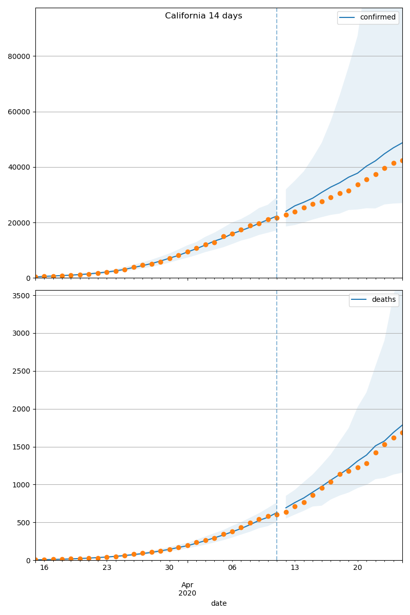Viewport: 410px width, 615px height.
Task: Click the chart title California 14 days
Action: coord(203,16)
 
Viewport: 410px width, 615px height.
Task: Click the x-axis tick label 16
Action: coord(44,568)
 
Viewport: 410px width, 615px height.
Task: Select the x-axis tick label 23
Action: coord(107,568)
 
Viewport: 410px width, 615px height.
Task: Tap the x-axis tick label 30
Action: coord(169,568)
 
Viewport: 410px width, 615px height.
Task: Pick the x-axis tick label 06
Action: coord(232,568)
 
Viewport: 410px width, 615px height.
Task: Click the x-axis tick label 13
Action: coord(295,568)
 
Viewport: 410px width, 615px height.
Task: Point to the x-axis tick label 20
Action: coord(357,568)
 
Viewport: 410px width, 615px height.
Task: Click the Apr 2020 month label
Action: coord(187,589)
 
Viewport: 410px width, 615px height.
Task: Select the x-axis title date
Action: coord(219,603)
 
